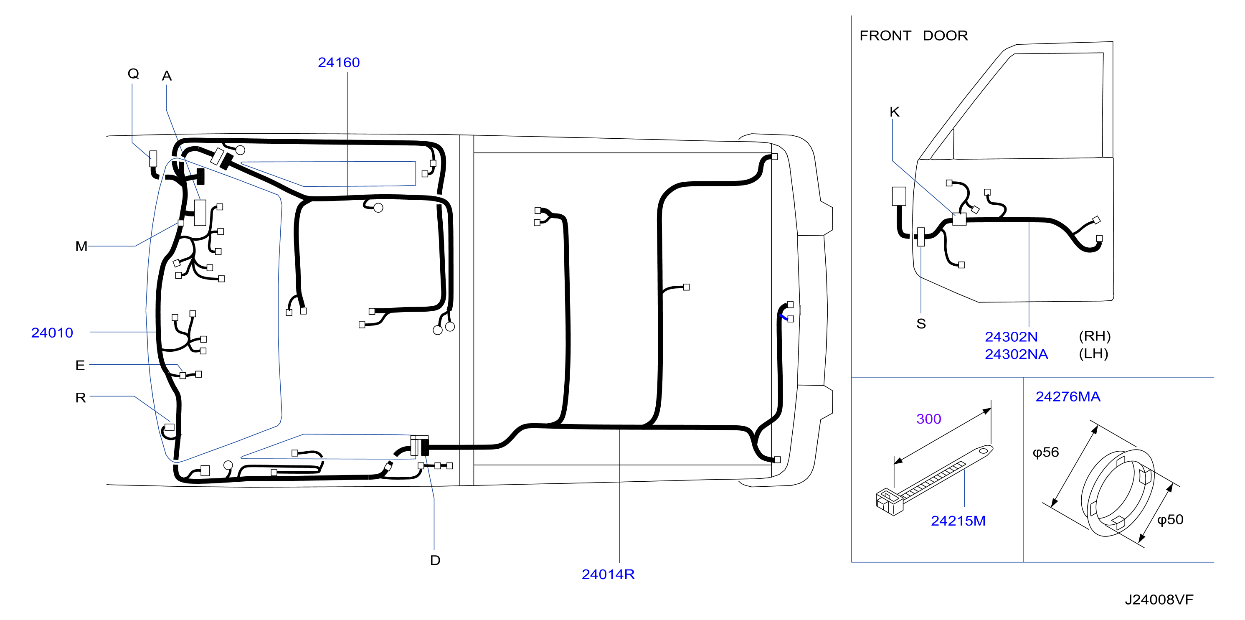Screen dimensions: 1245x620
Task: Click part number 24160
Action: (x=338, y=62)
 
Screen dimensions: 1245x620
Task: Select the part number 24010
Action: (x=52, y=333)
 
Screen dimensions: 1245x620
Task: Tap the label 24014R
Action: (x=608, y=574)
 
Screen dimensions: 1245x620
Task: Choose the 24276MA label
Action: (x=1067, y=396)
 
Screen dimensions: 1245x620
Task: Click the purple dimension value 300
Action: (x=928, y=419)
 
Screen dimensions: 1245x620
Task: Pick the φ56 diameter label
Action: (x=1045, y=452)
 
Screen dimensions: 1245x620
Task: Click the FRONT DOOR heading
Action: (x=913, y=36)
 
